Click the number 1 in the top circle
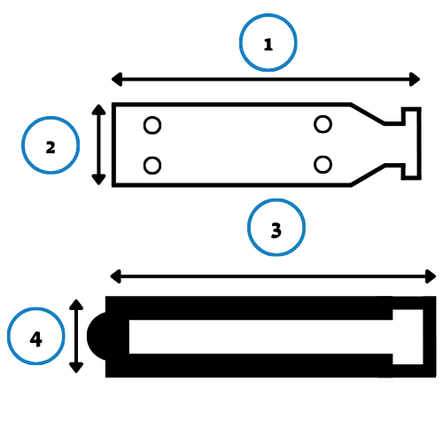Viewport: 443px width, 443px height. pos(268,44)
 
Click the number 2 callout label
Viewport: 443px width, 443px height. pos(51,147)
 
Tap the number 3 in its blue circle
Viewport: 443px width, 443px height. pos(276,230)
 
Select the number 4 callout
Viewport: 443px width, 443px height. pos(36,339)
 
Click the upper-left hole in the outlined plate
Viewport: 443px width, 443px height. pos(152,125)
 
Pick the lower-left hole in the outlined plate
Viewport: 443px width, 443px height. pos(152,166)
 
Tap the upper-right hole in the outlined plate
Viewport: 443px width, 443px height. pos(323,124)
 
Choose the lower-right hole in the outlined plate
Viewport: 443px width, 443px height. pos(323,165)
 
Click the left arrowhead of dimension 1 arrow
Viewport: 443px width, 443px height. pos(117,79)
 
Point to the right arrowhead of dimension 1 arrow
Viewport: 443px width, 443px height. pos(415,79)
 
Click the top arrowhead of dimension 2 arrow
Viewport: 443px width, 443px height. pos(98,110)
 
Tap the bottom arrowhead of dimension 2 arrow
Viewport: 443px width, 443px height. pos(98,180)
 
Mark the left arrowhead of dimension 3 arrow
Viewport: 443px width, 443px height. pos(115,276)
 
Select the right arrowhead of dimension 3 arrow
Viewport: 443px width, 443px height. pos(431,276)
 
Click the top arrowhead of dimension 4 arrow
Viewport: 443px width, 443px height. pos(76,305)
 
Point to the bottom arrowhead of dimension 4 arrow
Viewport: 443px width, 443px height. pos(76,368)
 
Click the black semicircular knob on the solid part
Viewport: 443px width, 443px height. pos(97,336)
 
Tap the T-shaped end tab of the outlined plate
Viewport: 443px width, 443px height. pos(412,144)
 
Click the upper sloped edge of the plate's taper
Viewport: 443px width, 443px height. pos(368,113)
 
